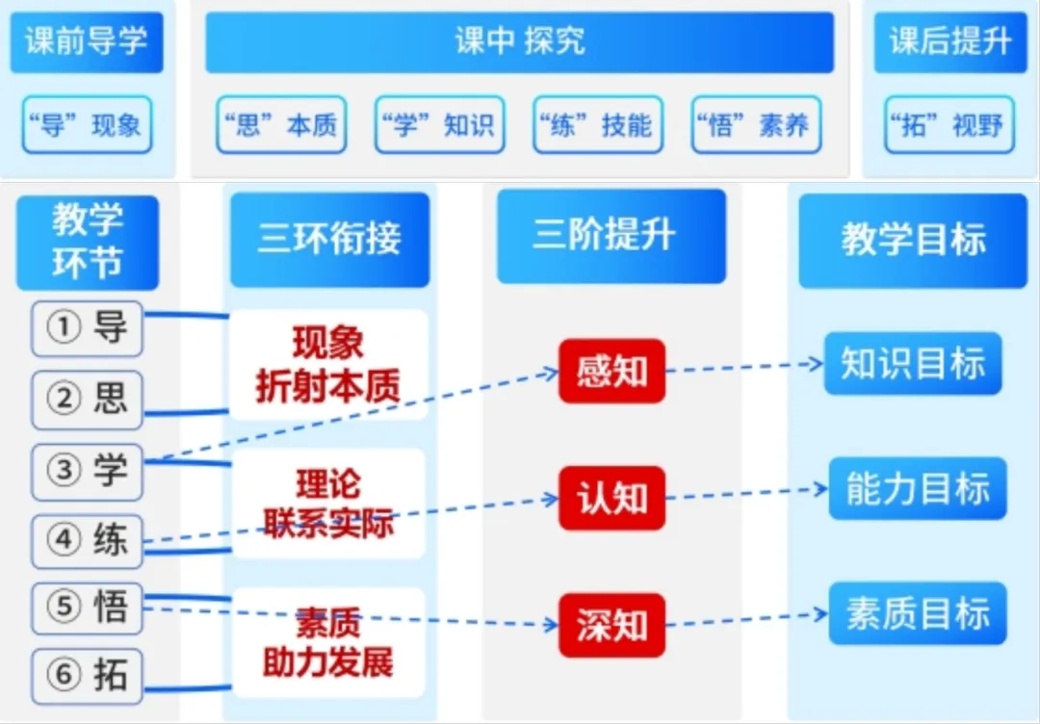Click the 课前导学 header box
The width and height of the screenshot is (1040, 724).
[x=87, y=42]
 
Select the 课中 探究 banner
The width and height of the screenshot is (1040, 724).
[x=519, y=42]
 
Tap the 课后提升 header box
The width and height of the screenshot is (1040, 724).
[x=949, y=42]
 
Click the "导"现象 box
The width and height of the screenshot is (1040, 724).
[x=87, y=125]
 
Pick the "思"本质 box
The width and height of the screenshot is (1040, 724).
[x=281, y=125]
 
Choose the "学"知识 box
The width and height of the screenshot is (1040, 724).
[x=439, y=125]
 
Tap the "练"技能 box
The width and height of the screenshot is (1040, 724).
[x=597, y=125]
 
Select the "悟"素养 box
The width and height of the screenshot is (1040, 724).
[x=756, y=125]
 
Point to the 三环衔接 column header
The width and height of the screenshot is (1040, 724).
[x=329, y=239]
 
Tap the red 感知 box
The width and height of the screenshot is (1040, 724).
[x=611, y=371]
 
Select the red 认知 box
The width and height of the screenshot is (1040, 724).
[x=611, y=499]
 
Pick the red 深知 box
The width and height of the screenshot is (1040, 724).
[x=611, y=626]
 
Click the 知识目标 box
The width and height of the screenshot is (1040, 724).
[x=913, y=364]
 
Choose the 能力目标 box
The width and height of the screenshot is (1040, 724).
[x=918, y=489]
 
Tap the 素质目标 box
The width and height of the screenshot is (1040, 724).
[x=918, y=614]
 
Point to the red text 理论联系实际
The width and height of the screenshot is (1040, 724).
[x=328, y=504]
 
